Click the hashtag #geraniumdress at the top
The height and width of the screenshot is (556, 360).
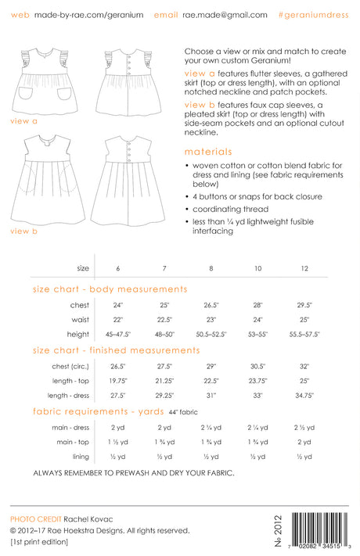314,15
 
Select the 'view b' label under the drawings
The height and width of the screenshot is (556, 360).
24,231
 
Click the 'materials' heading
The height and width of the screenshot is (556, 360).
209,152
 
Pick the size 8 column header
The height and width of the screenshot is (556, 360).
211,268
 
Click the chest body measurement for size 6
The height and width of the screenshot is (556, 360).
118,305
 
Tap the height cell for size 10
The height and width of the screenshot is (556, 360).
258,333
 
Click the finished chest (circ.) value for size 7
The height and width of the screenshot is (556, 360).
164,366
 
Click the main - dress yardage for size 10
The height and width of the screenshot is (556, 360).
258,428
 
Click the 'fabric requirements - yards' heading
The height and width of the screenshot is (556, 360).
98,411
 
